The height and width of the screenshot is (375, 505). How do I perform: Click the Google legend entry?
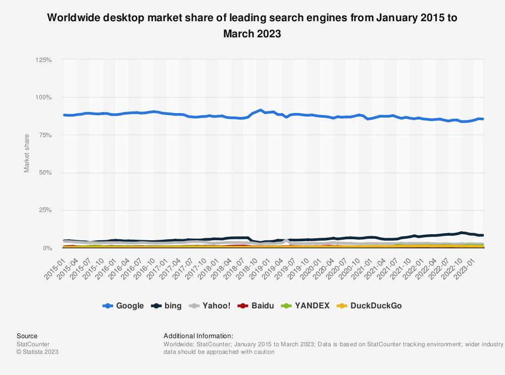coord(123,305)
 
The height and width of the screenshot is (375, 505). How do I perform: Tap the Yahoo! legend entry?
coord(211,305)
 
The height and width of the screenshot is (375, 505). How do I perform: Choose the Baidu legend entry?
coord(256,305)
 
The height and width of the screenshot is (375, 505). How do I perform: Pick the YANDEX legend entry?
coord(305,305)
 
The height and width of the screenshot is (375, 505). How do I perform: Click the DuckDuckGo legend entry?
coord(369,305)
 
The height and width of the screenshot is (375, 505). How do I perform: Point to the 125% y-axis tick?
coord(43,60)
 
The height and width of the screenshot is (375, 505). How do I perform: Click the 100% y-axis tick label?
coord(43,97)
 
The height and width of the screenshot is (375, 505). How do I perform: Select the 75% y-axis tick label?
coord(44,135)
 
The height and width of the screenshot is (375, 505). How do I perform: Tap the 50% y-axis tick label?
coord(44,173)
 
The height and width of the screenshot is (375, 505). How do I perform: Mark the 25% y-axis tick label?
coord(44,210)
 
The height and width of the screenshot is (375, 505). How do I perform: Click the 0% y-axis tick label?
coord(46,248)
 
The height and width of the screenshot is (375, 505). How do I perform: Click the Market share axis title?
coord(27,153)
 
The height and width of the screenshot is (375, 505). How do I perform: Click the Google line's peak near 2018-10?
coord(261,110)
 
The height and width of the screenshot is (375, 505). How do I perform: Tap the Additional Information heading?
coord(198,336)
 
